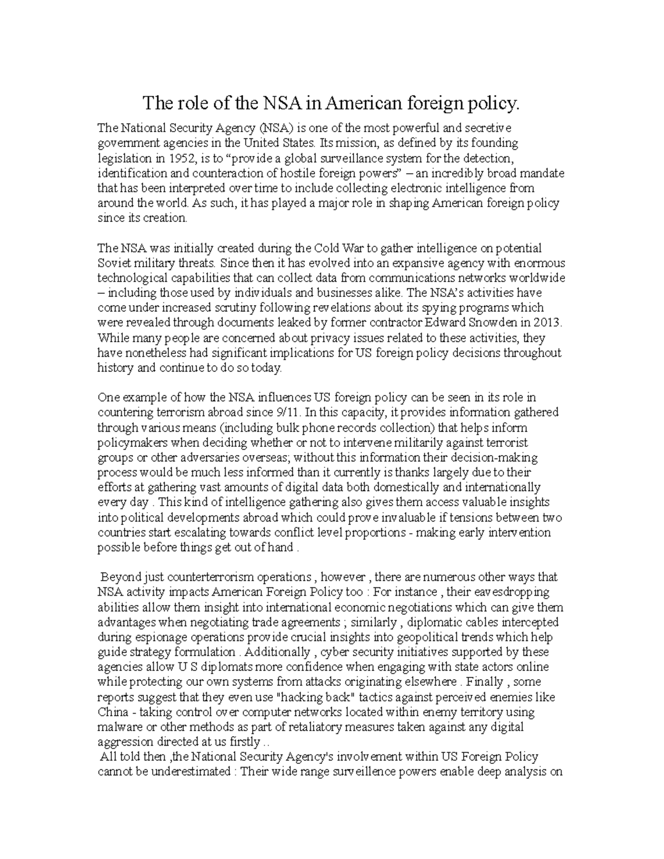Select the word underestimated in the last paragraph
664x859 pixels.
[x=190, y=772]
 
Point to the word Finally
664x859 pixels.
[x=484, y=682]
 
